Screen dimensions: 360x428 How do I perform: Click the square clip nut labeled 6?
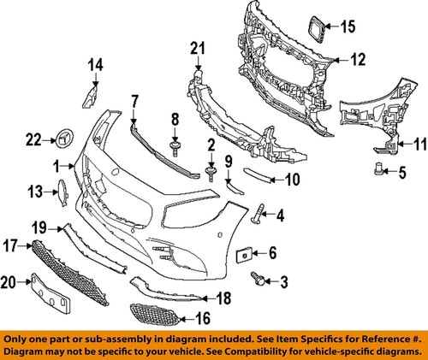click(244, 253)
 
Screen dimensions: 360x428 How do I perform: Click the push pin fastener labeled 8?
click(175, 147)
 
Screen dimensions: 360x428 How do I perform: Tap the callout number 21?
click(199, 47)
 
